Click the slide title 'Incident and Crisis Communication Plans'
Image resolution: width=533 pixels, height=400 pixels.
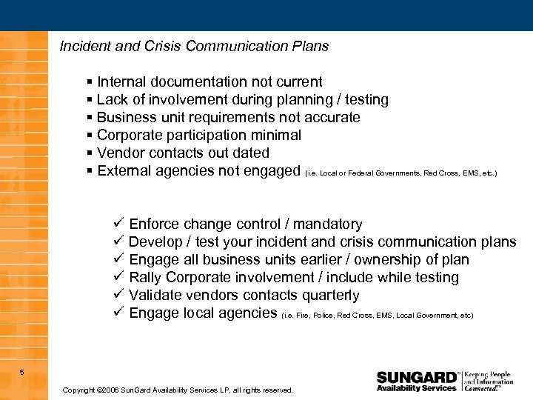tap(194, 47)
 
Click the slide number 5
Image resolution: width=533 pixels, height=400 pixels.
tap(22, 372)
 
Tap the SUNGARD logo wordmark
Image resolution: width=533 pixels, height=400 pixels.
tap(417, 377)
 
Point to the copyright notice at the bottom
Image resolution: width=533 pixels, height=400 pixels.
tap(178, 390)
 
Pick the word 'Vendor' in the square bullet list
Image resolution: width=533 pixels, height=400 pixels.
tap(119, 153)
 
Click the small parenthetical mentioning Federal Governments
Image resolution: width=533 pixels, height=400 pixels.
tap(400, 173)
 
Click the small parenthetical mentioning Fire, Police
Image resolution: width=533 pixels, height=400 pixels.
tap(377, 316)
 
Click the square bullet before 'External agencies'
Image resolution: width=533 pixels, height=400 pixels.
tap(90, 171)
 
